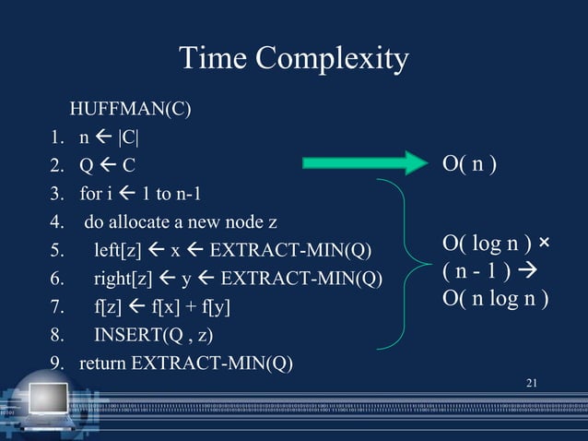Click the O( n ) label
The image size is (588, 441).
tap(469, 165)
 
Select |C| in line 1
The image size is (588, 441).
tap(126, 141)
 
